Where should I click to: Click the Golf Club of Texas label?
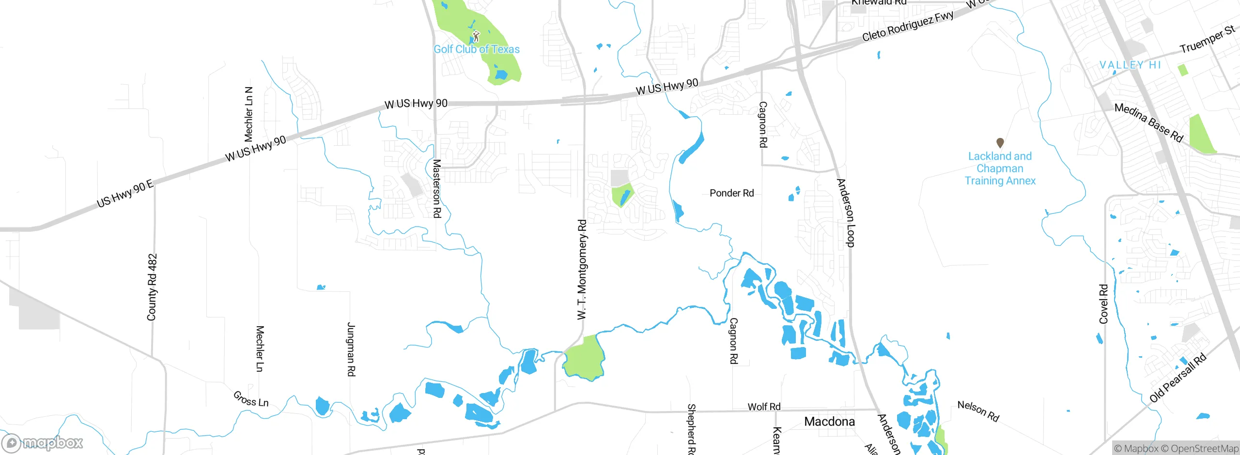tap(476, 49)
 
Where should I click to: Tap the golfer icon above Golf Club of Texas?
tap(476, 36)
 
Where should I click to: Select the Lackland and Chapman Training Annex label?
tap(1000, 168)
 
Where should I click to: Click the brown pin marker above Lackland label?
tap(1000, 142)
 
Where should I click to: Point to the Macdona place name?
tap(829, 422)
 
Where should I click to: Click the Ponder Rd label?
tap(731, 193)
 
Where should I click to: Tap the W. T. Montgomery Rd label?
tap(582, 270)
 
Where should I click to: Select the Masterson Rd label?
tap(436, 188)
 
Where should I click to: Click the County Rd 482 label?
tap(152, 287)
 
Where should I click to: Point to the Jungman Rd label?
tap(351, 349)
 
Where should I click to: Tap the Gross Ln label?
tap(250, 399)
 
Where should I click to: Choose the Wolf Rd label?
tap(764, 407)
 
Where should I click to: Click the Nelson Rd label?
tap(978, 411)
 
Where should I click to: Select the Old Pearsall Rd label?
tap(1178, 379)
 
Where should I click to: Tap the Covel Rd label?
tap(1104, 304)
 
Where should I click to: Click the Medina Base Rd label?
tap(1148, 122)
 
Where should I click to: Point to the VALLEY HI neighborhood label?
tap(1130, 65)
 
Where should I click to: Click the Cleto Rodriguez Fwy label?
tap(908, 26)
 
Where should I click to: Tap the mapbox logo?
tap(43, 442)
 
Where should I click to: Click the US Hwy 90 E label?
tap(125, 194)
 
